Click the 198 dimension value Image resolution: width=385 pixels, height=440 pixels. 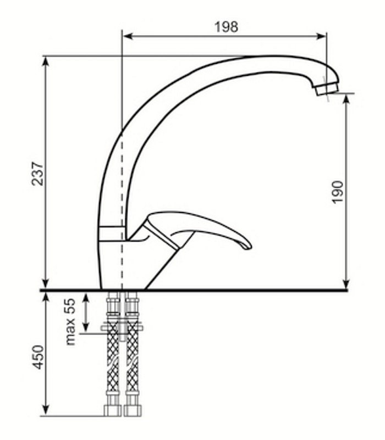pyautogui.click(x=226, y=27)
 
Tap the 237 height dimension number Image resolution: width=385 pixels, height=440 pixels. pyautogui.click(x=37, y=173)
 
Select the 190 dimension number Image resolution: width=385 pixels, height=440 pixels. pyautogui.click(x=337, y=192)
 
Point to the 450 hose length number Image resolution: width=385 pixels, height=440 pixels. pyautogui.click(x=38, y=357)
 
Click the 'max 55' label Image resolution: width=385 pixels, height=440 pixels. pyautogui.click(x=70, y=321)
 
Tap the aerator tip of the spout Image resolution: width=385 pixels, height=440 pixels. pyautogui.click(x=327, y=88)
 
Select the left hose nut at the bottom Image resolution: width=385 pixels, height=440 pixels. pyautogui.click(x=112, y=410)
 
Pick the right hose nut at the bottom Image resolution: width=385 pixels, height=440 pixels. pyautogui.click(x=133, y=410)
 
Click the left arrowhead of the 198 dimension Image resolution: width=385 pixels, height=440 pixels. pyautogui.click(x=128, y=36)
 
